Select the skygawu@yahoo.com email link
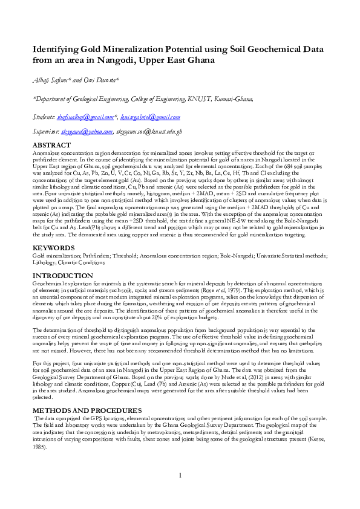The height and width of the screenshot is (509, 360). click(89, 132)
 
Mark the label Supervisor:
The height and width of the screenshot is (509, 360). click(47, 132)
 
